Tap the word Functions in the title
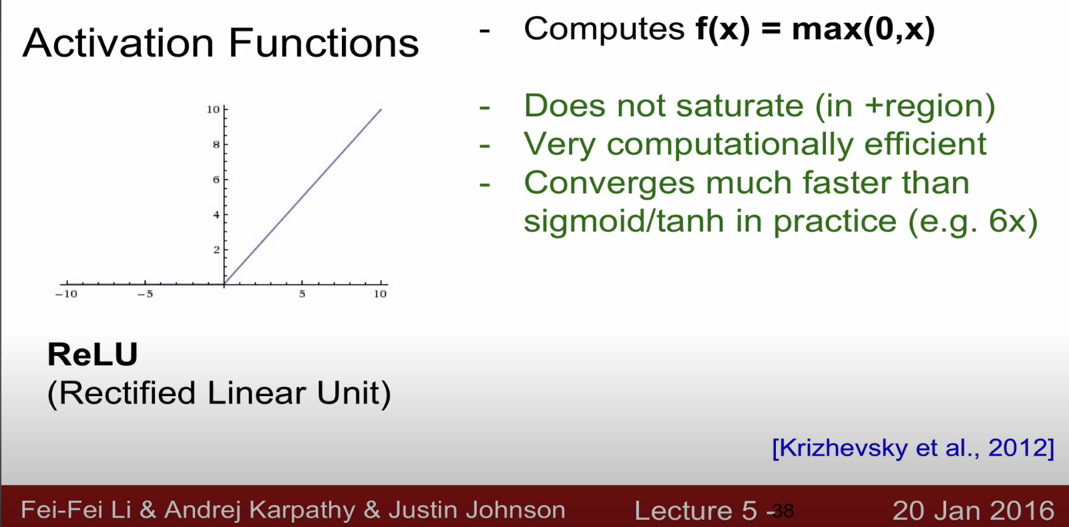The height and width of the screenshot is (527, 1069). tap(324, 43)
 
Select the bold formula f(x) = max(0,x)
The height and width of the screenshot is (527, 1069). tap(815, 29)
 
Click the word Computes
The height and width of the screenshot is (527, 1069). tap(604, 29)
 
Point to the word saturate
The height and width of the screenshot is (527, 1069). tap(740, 106)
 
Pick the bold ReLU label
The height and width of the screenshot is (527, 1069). tap(93, 355)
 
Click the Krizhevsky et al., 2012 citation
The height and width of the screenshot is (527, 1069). tap(913, 448)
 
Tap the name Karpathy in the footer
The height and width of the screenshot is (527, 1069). tap(302, 510)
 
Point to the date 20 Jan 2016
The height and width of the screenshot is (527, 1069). tap(973, 510)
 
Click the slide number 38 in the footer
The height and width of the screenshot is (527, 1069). tap(783, 511)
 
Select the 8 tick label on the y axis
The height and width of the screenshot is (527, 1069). tap(216, 144)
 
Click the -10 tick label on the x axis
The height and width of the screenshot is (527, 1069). tap(66, 294)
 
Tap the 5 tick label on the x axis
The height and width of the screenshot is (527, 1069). tap(302, 294)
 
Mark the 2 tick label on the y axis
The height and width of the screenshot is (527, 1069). tap(216, 250)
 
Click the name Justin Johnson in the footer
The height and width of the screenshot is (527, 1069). tap(477, 510)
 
